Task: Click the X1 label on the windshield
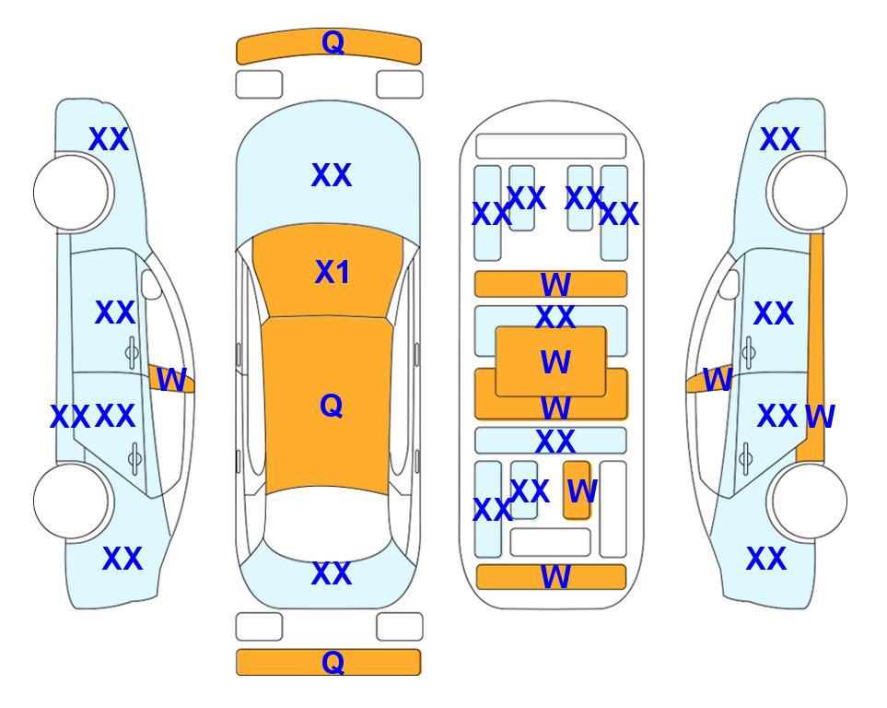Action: [333, 272]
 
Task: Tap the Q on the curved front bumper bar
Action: [333, 41]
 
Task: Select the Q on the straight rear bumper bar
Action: [333, 662]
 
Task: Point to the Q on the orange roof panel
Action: [332, 406]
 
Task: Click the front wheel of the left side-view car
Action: [71, 193]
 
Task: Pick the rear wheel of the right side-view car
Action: [809, 501]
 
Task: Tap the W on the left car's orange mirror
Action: [171, 380]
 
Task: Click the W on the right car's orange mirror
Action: [718, 380]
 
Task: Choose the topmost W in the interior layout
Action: [555, 284]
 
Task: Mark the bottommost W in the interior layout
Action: [555, 577]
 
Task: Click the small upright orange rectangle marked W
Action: [577, 490]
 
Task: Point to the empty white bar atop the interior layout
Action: [551, 147]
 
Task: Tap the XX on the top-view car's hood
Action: [332, 175]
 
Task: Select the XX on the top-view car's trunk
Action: [332, 573]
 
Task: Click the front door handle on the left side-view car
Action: [132, 352]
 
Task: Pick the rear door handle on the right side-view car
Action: [747, 458]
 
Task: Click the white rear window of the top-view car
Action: [328, 524]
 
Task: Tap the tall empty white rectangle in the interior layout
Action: [613, 509]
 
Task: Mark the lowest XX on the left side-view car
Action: [123, 559]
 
